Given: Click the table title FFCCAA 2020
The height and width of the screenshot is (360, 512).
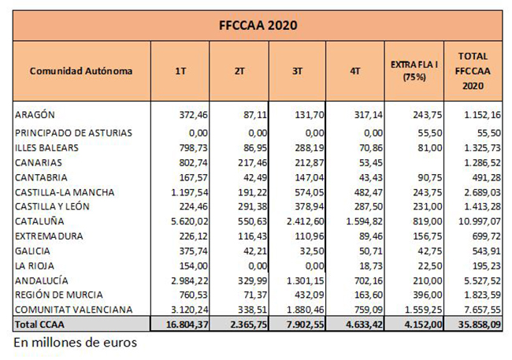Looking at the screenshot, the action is [x=258, y=25].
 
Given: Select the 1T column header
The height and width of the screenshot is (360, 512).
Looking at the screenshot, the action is [x=180, y=71].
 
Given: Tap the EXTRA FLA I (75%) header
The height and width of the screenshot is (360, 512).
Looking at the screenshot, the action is [x=414, y=71].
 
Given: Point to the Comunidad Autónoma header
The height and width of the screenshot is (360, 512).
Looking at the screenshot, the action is [x=81, y=71].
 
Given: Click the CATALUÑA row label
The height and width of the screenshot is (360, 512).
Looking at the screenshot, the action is [x=39, y=221].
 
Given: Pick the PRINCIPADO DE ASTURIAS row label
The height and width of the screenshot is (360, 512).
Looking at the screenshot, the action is [x=73, y=133].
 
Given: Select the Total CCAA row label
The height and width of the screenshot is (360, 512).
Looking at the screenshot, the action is [x=39, y=325].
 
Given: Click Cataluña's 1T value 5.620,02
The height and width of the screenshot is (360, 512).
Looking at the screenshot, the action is [x=189, y=221].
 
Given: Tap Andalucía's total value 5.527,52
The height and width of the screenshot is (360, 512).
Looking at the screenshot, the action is [x=482, y=280].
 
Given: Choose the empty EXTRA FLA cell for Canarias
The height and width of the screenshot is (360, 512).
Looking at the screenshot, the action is [x=414, y=162].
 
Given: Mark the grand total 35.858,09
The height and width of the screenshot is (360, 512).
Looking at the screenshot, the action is [x=480, y=325].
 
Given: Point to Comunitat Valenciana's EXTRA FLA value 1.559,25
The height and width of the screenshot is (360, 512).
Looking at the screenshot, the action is [x=424, y=310].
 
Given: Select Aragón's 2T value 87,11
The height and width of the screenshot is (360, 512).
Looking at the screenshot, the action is [x=255, y=115].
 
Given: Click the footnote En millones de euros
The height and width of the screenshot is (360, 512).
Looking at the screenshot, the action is [x=76, y=343].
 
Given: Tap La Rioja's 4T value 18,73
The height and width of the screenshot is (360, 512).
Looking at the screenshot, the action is [x=371, y=265].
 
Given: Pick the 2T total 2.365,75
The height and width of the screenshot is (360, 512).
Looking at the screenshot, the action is [x=248, y=325].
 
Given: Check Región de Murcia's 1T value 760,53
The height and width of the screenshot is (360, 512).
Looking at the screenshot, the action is [x=193, y=295].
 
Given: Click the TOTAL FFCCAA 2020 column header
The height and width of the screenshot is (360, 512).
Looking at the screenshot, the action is [x=473, y=71].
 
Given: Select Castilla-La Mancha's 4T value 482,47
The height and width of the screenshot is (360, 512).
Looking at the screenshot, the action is [x=369, y=192].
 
